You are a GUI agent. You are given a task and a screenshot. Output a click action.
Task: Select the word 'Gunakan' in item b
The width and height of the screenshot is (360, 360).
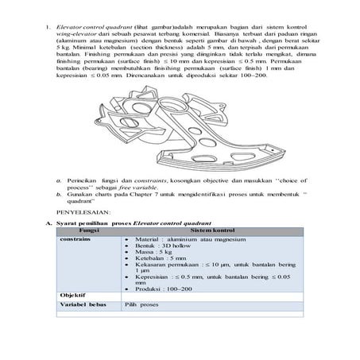82,192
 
